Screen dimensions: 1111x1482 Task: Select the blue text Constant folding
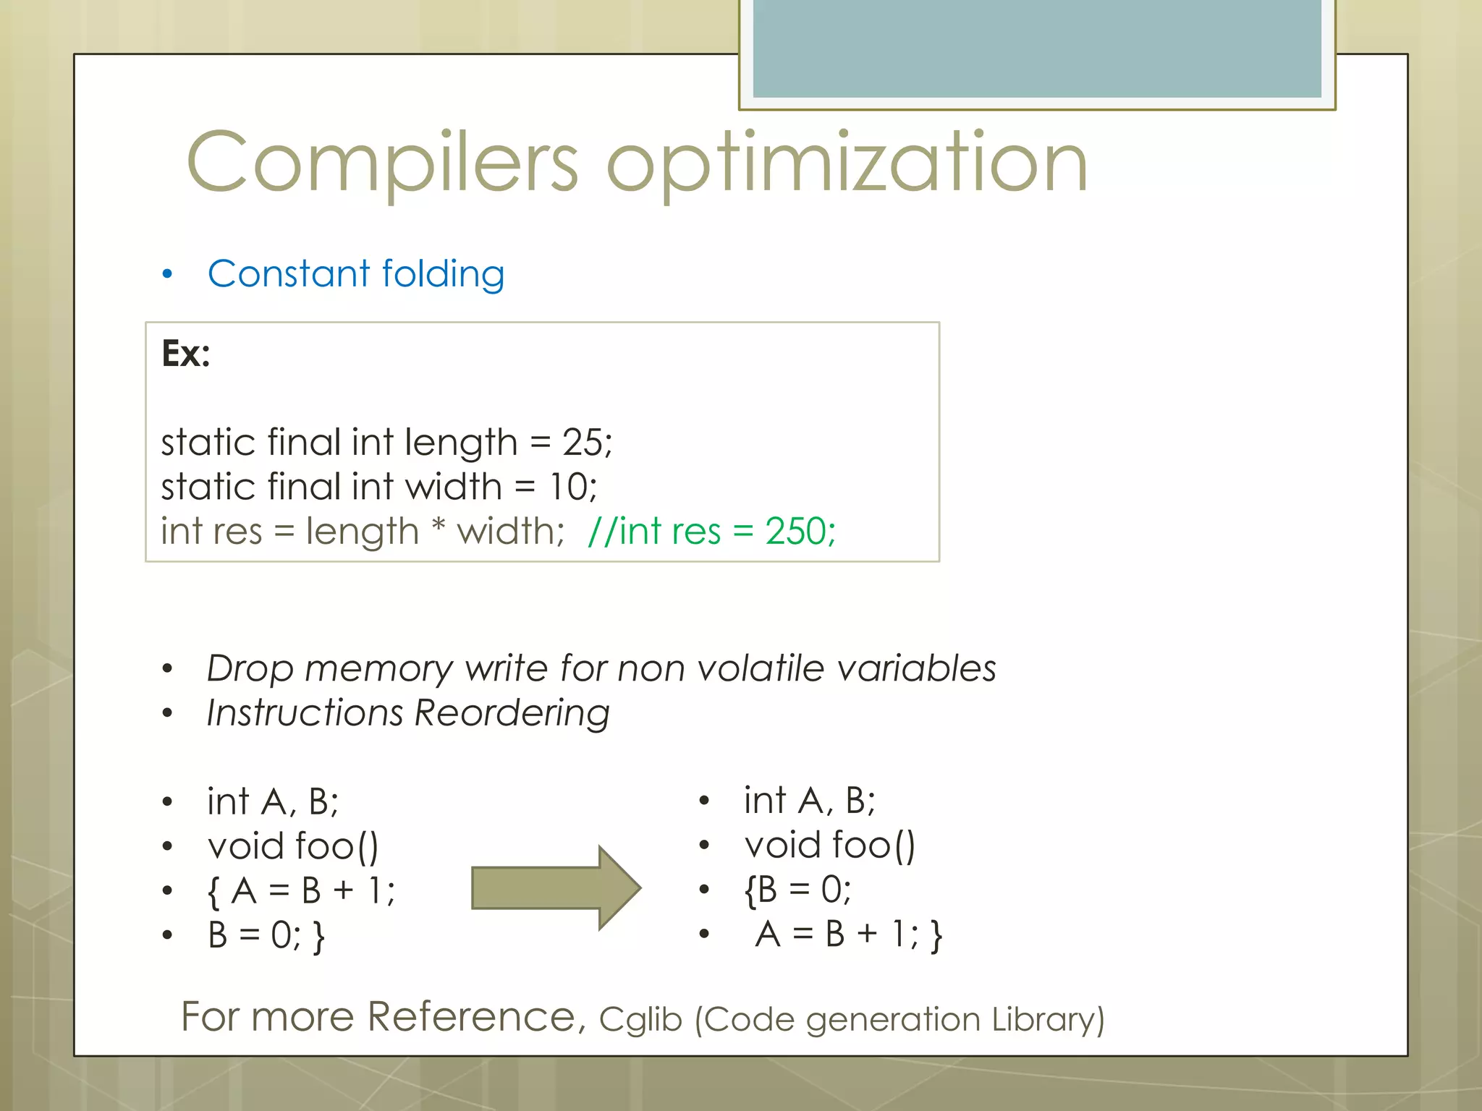pos(355,274)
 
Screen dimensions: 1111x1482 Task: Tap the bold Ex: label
pos(186,354)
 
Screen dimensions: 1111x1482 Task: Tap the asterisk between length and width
pos(438,528)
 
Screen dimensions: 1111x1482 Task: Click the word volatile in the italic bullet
pos(761,668)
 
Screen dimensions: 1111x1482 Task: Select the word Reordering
pos(512,713)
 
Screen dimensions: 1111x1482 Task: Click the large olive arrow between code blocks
pos(556,887)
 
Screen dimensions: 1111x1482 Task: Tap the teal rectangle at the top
pos(1036,48)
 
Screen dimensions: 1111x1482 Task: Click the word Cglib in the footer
pos(640,1019)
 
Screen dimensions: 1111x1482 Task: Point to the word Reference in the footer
pos(471,1017)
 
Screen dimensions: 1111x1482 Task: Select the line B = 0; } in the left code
pos(266,935)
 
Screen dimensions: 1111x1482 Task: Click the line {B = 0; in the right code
pos(797,890)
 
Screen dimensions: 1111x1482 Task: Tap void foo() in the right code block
pos(829,846)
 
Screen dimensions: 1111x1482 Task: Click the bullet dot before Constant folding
pos(168,275)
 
